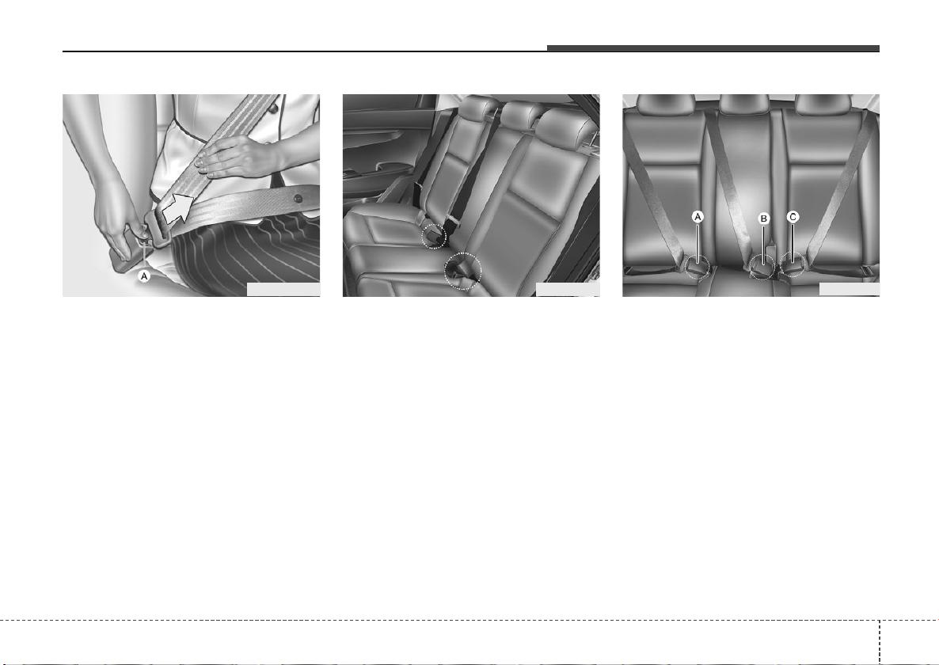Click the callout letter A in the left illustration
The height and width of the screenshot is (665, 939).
pos(144,276)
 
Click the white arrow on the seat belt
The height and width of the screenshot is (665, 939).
pos(178,207)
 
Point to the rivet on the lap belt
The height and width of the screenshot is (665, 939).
pos(298,198)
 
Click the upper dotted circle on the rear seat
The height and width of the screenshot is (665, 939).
pos(434,236)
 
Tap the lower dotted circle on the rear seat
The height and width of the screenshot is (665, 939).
pos(463,272)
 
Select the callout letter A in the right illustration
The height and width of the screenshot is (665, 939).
pos(698,217)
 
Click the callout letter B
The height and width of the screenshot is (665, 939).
pos(763,219)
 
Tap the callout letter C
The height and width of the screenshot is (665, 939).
pos(793,217)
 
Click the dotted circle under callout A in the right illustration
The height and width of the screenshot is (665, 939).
pos(698,266)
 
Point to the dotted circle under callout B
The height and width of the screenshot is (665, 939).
pos(762,266)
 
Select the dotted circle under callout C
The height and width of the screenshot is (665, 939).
pos(792,264)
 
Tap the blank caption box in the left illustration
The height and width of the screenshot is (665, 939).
pos(283,289)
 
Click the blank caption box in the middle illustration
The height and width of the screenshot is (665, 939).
pos(567,289)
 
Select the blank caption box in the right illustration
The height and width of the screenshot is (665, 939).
pos(850,289)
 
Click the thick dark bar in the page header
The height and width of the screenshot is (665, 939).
pos(713,48)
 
